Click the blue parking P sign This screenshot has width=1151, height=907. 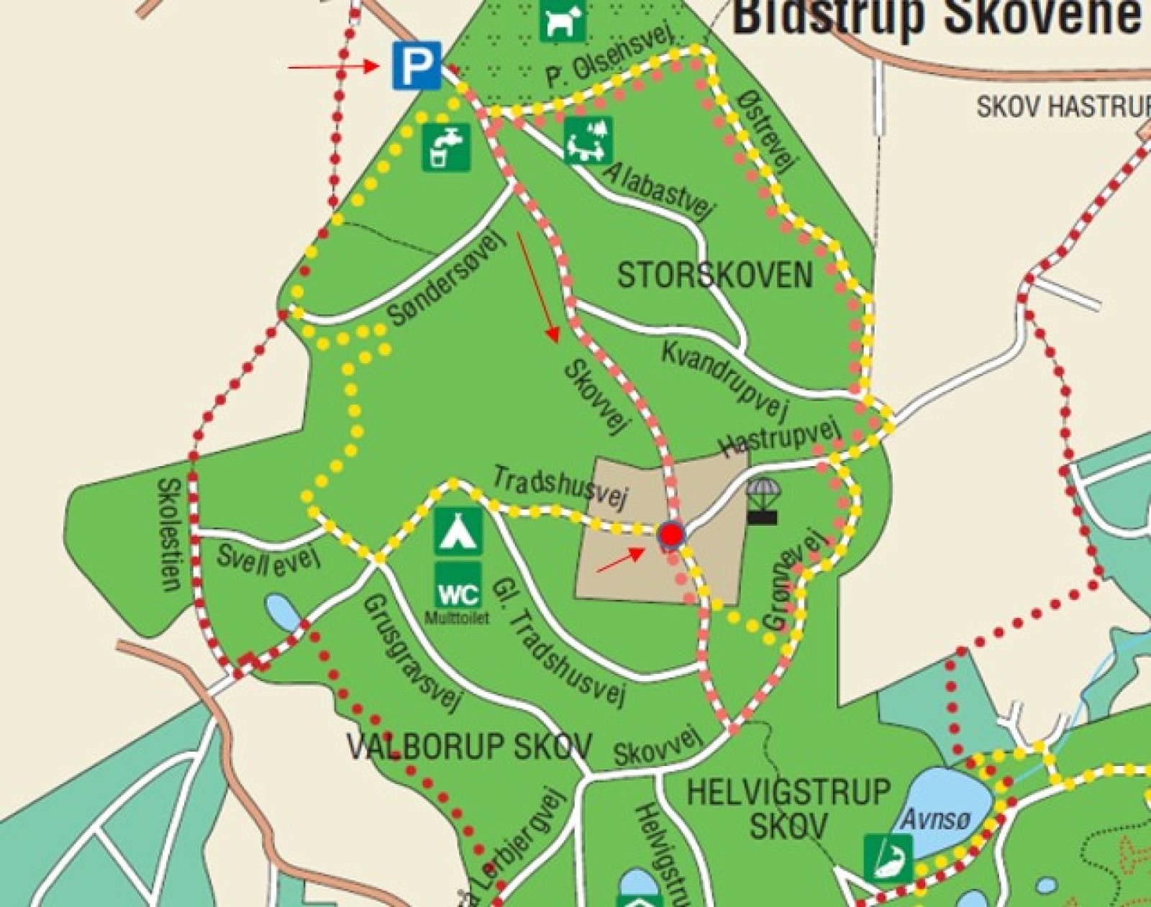click(x=417, y=65)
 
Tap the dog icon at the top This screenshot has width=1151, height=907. click(x=563, y=20)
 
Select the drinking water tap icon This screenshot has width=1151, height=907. click(x=446, y=147)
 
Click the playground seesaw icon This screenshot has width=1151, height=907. click(x=588, y=140)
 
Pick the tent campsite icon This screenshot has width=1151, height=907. click(x=458, y=532)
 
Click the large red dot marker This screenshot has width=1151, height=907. click(x=672, y=535)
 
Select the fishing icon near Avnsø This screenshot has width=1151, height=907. click(x=888, y=857)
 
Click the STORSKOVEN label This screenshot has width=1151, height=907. click(x=715, y=276)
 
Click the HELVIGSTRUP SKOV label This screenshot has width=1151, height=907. click(x=788, y=809)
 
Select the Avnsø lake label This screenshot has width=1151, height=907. click(x=936, y=819)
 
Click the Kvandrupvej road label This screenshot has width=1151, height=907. click(x=725, y=379)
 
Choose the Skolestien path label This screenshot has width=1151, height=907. click(x=169, y=534)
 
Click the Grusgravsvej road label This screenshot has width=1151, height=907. click(x=411, y=651)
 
